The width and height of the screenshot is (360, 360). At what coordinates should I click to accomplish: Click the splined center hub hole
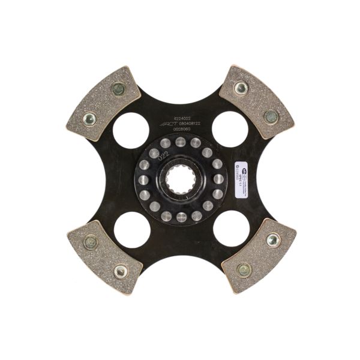coord(181,179)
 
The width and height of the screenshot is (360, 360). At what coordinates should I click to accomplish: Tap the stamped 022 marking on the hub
coord(157,157)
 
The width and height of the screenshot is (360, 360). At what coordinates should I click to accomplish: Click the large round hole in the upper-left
coord(130,128)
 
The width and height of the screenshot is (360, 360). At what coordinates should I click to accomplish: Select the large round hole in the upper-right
coord(230,128)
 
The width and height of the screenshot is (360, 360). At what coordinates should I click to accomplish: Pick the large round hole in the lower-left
coord(131,230)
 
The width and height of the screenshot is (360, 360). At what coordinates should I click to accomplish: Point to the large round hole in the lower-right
coord(230,230)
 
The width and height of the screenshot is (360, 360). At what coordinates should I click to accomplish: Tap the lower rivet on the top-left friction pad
coord(89,118)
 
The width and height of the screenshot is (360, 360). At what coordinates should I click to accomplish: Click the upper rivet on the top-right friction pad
coord(241,88)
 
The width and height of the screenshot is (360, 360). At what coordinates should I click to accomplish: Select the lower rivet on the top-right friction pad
coord(271,116)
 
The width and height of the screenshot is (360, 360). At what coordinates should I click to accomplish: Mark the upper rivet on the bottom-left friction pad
coord(91,242)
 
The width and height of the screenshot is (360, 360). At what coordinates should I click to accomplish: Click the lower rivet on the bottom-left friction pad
coord(121,271)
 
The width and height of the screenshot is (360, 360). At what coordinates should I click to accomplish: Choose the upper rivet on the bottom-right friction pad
coord(273,240)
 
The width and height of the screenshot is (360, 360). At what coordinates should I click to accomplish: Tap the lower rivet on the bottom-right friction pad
coord(244,269)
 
